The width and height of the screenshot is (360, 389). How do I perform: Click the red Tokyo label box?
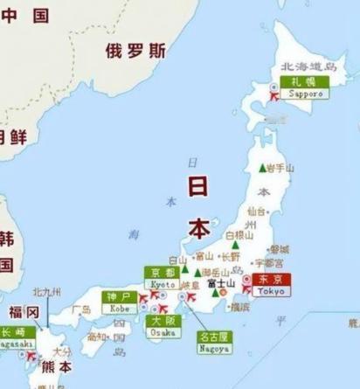(271, 284)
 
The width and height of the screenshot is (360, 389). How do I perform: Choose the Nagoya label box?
(213, 342)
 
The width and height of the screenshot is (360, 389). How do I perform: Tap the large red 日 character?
(198, 185)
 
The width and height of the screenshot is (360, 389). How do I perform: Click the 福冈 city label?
(24, 312)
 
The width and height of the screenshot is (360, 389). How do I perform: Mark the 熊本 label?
(54, 366)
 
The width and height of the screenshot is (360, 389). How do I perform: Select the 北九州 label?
(47, 292)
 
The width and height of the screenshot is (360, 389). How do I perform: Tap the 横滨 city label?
(239, 307)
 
